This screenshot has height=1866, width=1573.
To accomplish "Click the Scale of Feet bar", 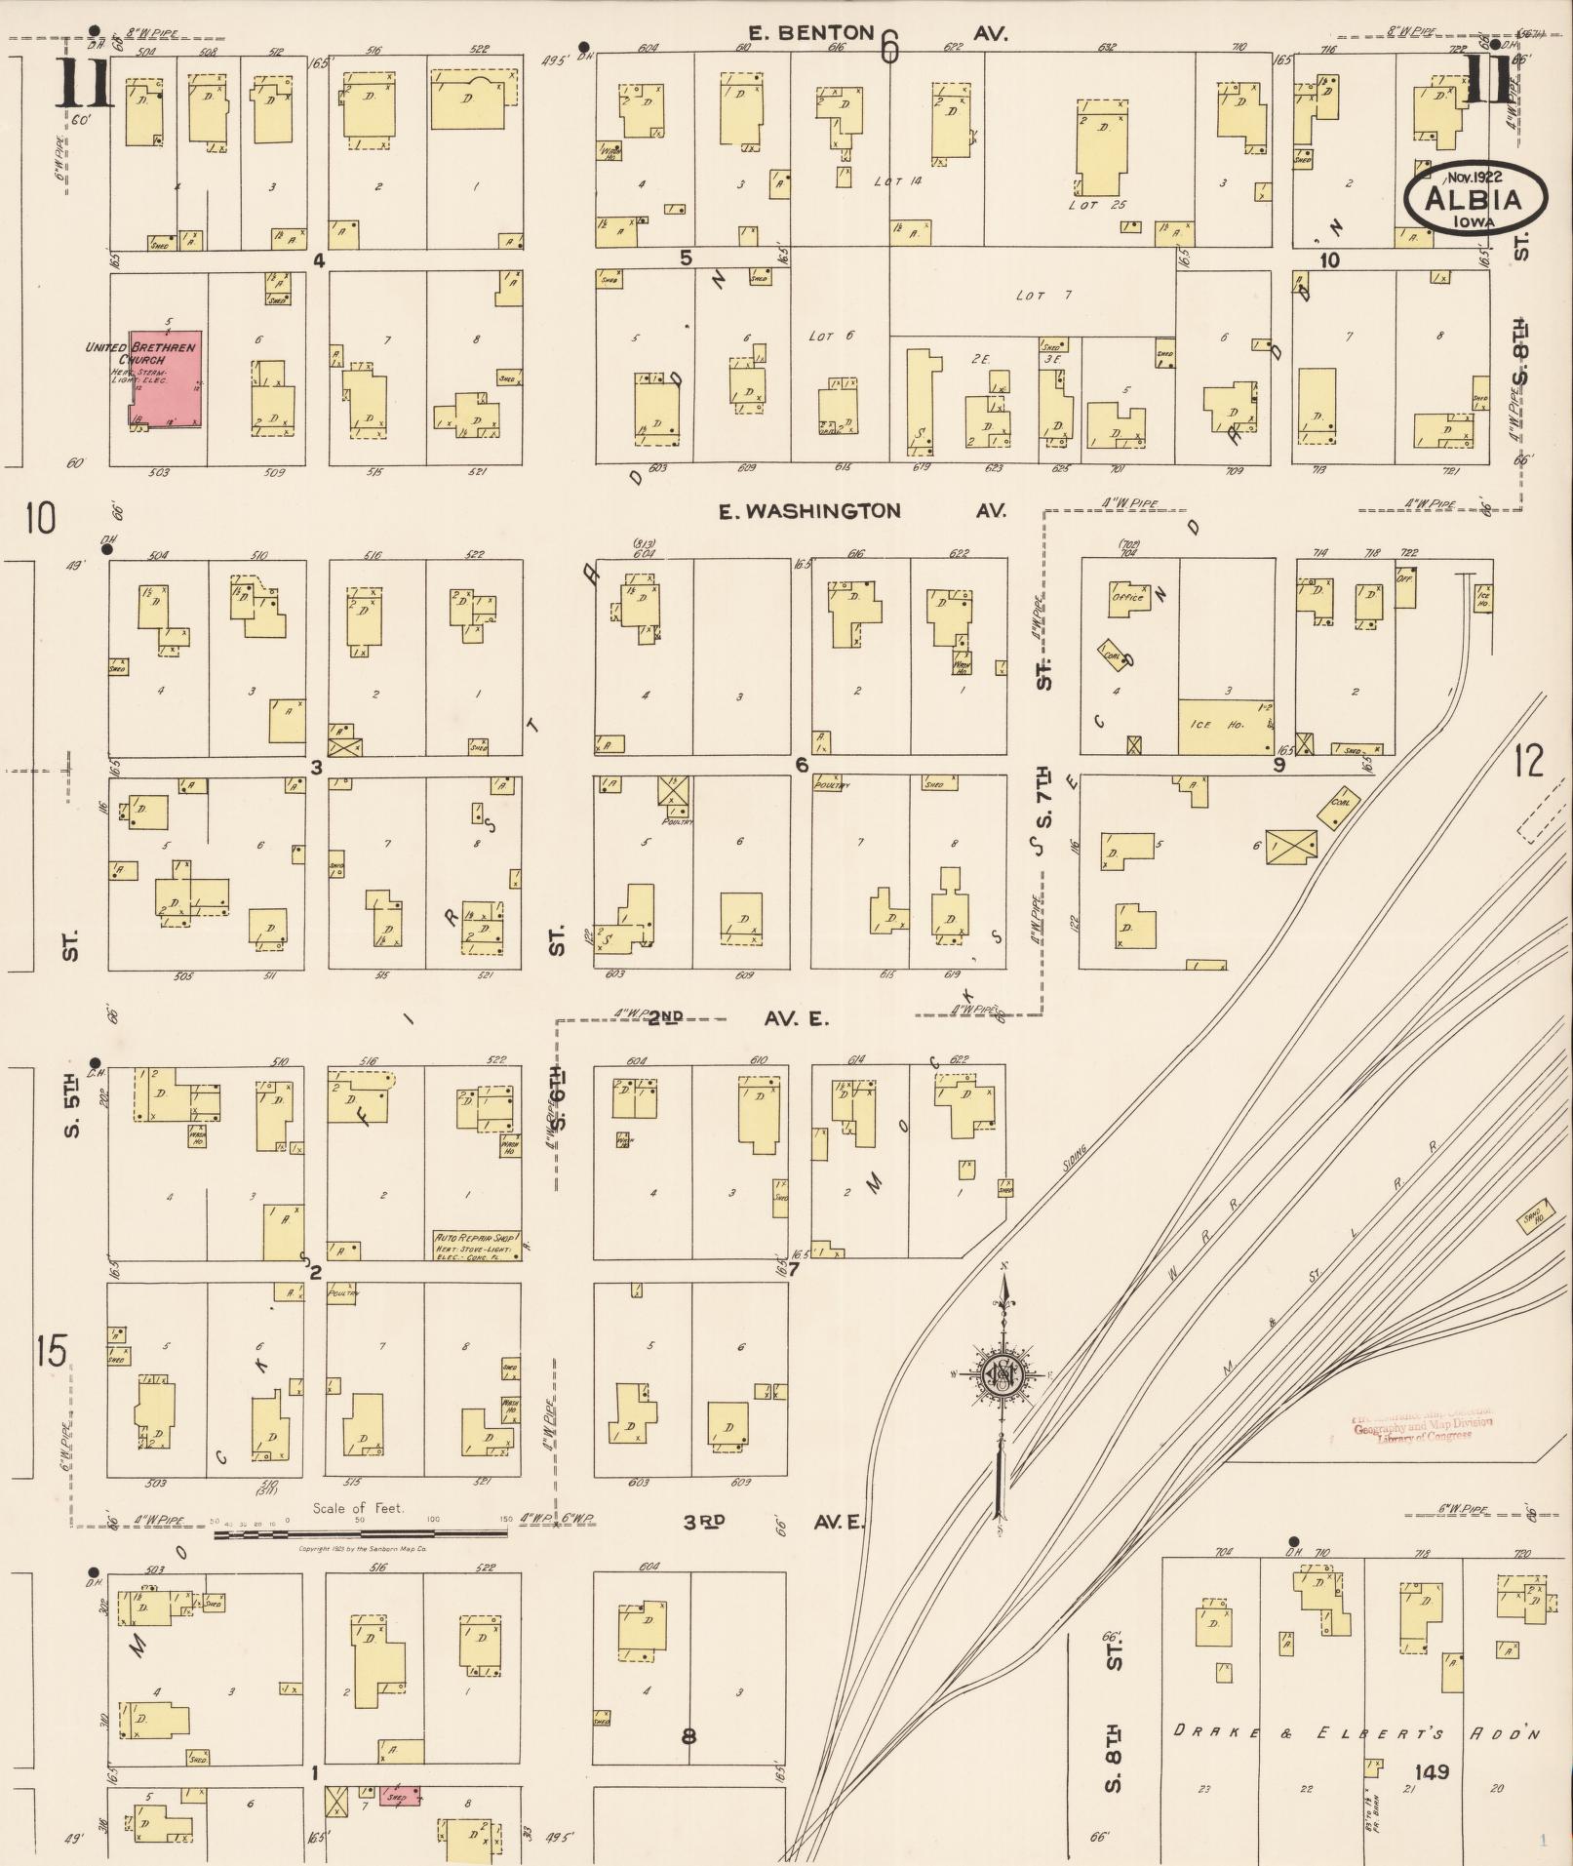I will (360, 1533).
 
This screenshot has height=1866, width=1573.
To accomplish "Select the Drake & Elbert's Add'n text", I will (1356, 1733).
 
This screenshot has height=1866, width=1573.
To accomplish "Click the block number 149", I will (1434, 1771).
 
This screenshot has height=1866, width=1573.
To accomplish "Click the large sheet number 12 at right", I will (1529, 760).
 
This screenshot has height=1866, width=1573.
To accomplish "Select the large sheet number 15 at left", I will (52, 1352).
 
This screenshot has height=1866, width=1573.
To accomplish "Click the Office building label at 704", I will (1128, 597).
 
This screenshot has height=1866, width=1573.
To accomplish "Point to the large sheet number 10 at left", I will (42, 518).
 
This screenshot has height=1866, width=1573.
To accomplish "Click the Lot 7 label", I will (1030, 296).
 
